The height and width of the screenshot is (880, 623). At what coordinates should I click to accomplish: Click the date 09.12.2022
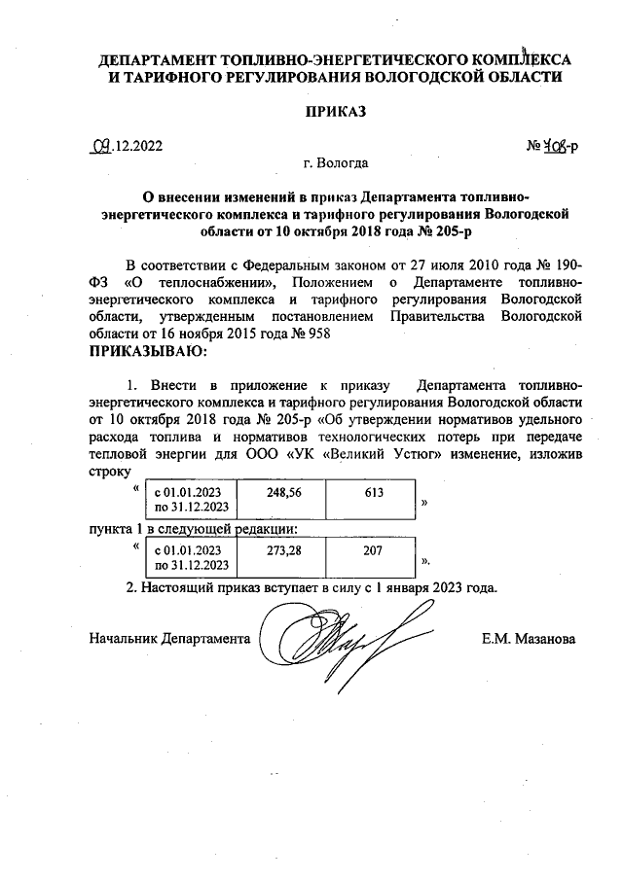(x=126, y=147)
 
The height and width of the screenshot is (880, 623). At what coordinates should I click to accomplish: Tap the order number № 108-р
(x=553, y=147)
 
